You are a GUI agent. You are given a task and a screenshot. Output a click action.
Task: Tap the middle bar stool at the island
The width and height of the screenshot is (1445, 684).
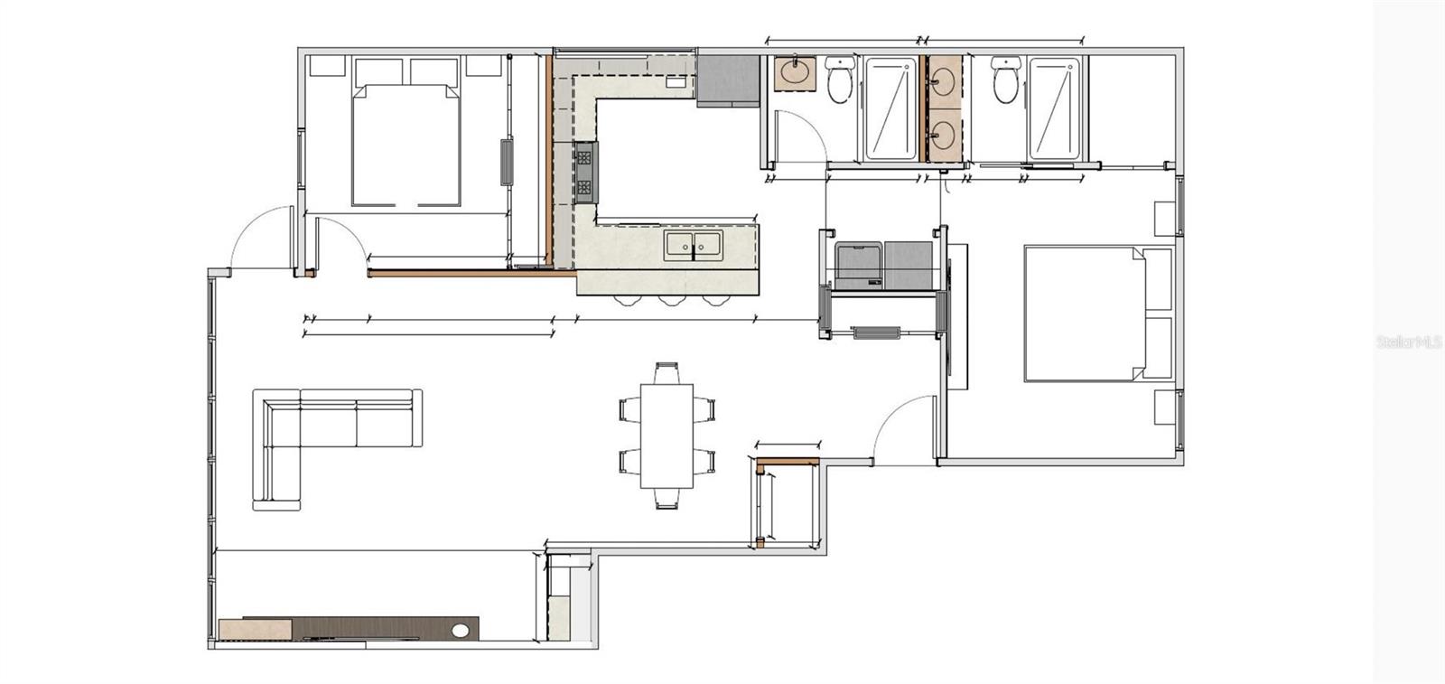tap(669, 299)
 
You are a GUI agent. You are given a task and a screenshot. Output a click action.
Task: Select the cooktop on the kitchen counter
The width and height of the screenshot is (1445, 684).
tap(585, 172)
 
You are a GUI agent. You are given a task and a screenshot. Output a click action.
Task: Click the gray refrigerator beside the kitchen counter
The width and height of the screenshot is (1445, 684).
tap(727, 80)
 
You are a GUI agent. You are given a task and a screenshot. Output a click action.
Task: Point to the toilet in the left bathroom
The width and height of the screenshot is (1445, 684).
tap(840, 79)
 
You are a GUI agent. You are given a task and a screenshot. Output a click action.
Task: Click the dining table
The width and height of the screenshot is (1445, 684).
tap(667, 436)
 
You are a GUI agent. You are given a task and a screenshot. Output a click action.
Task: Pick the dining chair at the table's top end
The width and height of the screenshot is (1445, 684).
tap(667, 371)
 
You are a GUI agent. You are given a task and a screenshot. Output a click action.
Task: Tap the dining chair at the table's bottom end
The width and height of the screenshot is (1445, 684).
tap(667, 499)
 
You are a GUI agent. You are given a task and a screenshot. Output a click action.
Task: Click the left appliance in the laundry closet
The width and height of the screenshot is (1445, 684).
tap(857, 265)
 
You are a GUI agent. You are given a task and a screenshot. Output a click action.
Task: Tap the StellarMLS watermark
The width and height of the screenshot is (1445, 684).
tap(1408, 342)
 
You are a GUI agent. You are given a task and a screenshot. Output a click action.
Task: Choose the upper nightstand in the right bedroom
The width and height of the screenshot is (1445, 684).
tap(1165, 218)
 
